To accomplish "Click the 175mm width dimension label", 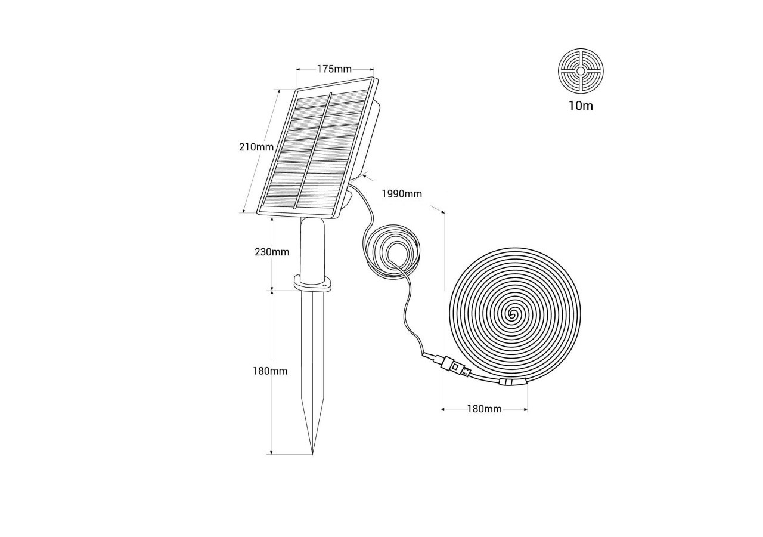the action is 334,69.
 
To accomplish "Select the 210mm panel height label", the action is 256,147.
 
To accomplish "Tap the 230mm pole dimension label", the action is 272,252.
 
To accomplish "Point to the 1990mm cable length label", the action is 402,194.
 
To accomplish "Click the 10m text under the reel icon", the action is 581,106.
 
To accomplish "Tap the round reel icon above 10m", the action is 581,71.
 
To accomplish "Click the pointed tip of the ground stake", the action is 312,454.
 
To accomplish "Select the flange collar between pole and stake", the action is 312,283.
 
